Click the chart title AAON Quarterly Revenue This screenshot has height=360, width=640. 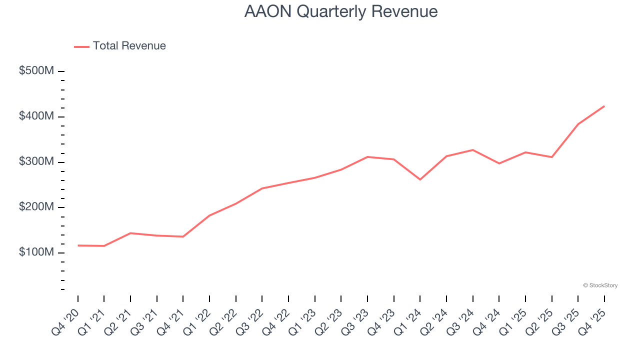pos(341,11)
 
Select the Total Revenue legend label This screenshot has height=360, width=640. pos(129,46)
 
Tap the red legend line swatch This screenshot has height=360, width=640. pos(81,46)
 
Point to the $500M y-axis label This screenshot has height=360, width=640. pos(36,71)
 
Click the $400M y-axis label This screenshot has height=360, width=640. pos(36,116)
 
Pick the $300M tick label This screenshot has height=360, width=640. pos(36,162)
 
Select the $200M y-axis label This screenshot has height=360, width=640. pos(36,207)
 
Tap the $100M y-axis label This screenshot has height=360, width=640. pos(36,252)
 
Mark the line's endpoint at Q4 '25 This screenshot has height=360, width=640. pos(604,106)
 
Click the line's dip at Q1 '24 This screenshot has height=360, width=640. pos(420,179)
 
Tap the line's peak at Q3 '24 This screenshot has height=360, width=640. pos(472,150)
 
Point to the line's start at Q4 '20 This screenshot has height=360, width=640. pos(78,245)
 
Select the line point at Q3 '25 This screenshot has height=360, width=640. pos(578,124)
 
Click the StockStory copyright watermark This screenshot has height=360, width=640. pos(600,285)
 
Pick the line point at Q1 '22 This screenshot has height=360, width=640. pos(209,215)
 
